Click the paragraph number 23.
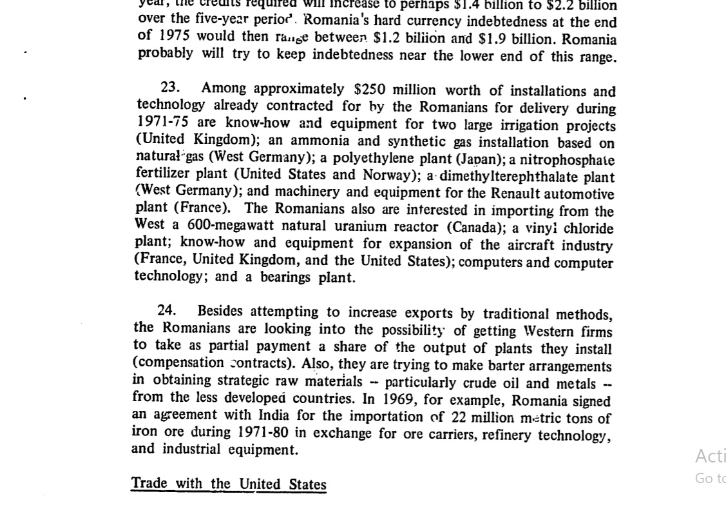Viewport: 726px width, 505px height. click(170, 88)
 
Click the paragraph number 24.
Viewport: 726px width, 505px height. click(166, 310)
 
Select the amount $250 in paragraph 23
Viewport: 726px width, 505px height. click(369, 90)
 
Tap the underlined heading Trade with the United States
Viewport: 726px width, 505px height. click(229, 484)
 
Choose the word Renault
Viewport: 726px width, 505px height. click(515, 193)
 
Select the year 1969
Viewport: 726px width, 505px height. click(398, 399)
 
